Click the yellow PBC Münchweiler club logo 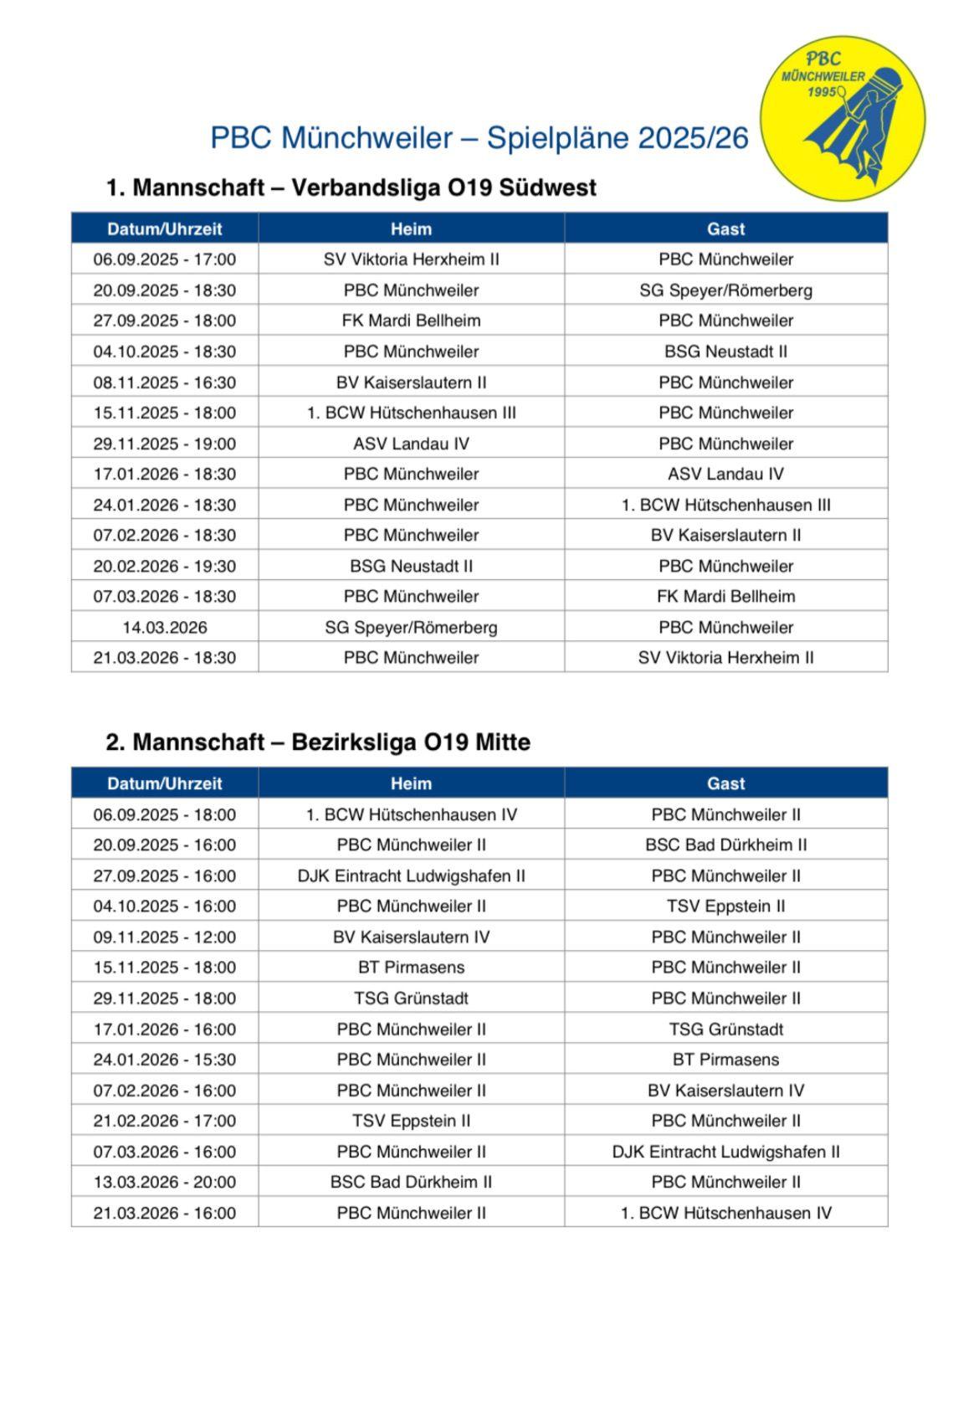pos(842,118)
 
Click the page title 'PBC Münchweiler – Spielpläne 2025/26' pos(479,138)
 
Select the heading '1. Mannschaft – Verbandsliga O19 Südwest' pos(351,187)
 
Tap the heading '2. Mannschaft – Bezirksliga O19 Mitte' pos(318,742)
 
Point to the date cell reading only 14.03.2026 pos(165,627)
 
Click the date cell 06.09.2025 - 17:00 pos(165,259)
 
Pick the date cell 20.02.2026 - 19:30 pos(165,566)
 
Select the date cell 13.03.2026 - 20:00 pos(165,1182)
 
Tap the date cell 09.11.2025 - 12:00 pos(165,937)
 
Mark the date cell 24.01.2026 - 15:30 pos(165,1060)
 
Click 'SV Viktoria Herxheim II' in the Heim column pos(411,259)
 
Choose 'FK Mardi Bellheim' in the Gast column pos(725,597)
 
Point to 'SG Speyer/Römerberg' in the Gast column pos(725,290)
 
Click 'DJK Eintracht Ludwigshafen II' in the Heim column pos(411,875)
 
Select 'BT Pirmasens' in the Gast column pos(725,1060)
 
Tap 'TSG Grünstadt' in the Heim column pos(411,999)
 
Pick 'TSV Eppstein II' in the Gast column pos(725,906)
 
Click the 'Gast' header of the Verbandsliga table pos(725,228)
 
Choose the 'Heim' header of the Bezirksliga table pos(411,783)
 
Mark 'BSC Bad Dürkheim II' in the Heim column pos(411,1182)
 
